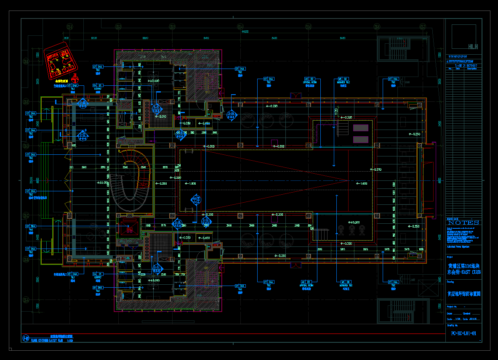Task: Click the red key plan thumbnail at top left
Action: (61, 62)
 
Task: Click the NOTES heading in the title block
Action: (463, 222)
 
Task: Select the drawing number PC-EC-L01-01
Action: (463, 333)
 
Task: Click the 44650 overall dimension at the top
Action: (245, 32)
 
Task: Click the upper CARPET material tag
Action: (98, 87)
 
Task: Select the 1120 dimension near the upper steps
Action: (336, 112)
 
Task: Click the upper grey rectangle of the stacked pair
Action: (360, 128)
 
